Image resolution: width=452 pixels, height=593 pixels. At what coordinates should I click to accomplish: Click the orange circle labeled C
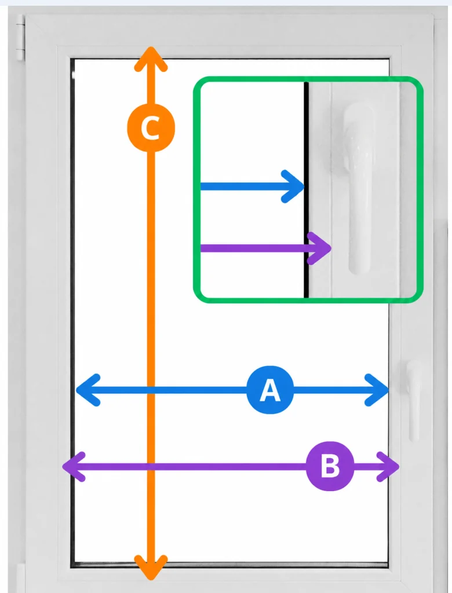(151, 128)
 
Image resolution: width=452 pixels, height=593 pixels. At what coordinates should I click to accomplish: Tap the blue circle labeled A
(270, 390)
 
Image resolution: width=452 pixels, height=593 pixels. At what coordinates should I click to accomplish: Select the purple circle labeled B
(330, 466)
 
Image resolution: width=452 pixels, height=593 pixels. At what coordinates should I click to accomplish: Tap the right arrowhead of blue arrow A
(377, 390)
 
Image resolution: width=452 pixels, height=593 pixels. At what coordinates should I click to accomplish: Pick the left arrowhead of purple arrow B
(74, 467)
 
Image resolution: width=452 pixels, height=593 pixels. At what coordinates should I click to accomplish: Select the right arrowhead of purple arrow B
(388, 467)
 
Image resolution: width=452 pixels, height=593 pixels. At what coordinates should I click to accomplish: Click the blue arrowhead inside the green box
(293, 186)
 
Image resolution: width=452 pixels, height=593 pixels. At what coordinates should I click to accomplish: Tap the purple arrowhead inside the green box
(320, 248)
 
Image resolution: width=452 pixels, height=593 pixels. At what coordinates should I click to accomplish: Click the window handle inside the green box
(357, 187)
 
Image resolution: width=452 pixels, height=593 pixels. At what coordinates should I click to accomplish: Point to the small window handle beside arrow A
(414, 401)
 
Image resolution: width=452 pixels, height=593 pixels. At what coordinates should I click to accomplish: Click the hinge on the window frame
(20, 38)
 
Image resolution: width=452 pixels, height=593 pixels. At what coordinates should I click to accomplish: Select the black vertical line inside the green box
(306, 190)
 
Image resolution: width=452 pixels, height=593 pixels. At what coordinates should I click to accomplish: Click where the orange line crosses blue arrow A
(151, 390)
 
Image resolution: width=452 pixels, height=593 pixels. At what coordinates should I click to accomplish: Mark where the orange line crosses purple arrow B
(151, 467)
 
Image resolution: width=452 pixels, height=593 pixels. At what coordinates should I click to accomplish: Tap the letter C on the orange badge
(150, 128)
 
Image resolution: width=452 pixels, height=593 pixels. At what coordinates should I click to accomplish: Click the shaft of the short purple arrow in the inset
(254, 248)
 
